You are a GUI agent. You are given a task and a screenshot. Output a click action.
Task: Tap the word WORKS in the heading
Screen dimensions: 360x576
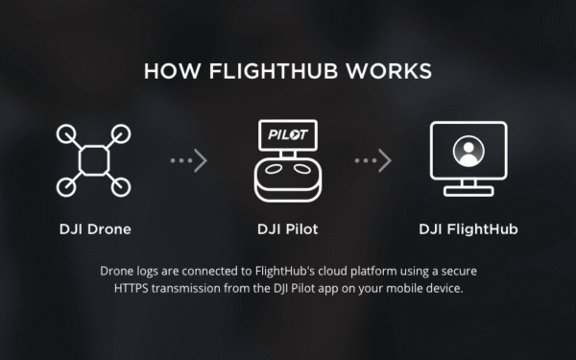point(392,72)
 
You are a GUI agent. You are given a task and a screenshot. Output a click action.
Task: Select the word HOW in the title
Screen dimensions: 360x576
point(168,72)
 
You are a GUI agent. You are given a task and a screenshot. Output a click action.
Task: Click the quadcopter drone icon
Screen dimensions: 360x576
point(94,159)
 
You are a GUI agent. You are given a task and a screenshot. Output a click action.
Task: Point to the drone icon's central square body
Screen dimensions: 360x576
point(94,159)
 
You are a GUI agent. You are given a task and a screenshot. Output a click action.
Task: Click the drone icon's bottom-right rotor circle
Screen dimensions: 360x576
point(121,186)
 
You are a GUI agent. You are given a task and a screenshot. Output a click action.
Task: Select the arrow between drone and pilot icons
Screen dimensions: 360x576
point(189,160)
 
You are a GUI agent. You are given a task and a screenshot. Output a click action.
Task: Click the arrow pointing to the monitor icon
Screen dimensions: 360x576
point(373,160)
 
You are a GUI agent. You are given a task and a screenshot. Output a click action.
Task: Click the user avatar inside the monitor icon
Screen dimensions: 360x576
point(468,152)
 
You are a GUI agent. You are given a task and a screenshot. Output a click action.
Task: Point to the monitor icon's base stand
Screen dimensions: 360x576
point(468,190)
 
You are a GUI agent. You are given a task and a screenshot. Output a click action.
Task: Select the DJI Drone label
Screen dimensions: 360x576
point(94,229)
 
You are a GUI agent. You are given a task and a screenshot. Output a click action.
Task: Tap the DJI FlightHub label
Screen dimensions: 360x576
point(468,229)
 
